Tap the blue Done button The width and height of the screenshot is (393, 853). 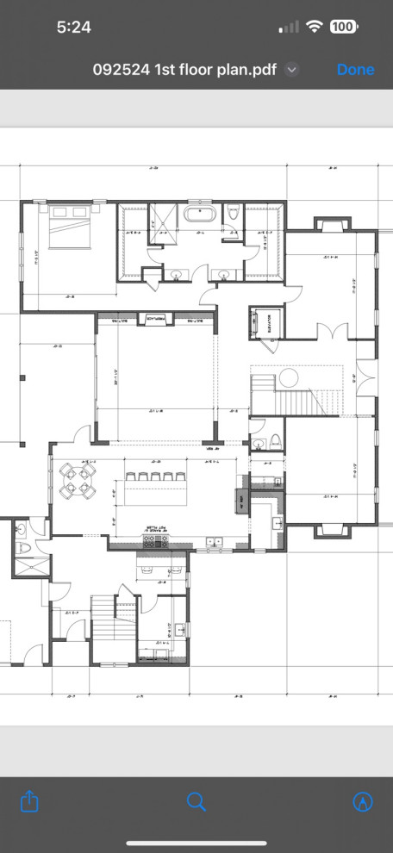click(x=355, y=70)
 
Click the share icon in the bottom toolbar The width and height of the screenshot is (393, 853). click(x=29, y=802)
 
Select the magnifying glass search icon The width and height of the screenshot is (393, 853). click(x=196, y=802)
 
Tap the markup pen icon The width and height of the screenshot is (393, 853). click(x=363, y=802)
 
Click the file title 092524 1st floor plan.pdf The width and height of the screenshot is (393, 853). click(x=184, y=70)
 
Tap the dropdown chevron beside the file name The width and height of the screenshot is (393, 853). click(x=292, y=70)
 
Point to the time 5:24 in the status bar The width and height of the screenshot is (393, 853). click(x=74, y=27)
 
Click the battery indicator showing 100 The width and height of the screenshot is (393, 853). click(x=343, y=27)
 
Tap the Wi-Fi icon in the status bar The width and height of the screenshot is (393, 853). click(x=314, y=27)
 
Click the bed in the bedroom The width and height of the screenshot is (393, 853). click(x=69, y=229)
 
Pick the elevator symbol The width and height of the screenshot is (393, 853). click(x=264, y=323)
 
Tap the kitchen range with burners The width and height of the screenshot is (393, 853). click(x=154, y=541)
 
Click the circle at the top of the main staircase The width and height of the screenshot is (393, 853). click(x=288, y=377)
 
